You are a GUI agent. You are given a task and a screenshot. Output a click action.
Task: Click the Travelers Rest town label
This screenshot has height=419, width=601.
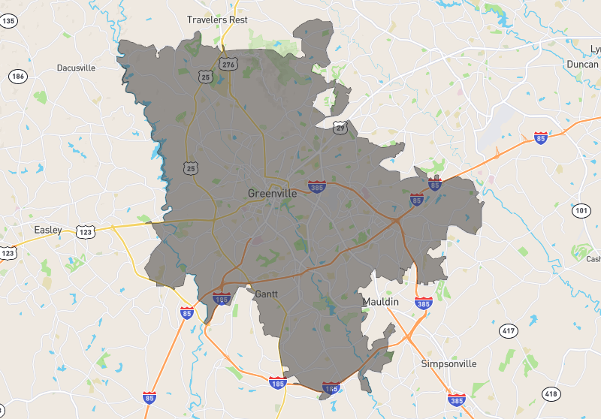point(217,20)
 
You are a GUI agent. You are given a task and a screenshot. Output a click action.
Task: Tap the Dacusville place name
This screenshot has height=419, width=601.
point(76,68)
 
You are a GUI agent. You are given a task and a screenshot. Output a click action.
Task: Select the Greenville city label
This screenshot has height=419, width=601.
point(272,193)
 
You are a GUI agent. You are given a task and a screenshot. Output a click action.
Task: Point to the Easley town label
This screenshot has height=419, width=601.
point(48,229)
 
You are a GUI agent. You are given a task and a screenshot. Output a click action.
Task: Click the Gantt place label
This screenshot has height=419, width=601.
point(267,294)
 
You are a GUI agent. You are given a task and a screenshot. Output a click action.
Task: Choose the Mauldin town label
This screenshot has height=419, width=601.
point(381,301)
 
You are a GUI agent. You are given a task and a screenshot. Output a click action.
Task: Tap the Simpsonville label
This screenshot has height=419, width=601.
point(448,363)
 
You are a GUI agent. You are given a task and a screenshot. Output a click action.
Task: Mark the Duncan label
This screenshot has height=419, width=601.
point(583,65)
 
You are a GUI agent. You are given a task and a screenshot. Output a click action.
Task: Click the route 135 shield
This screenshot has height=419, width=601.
point(8,22)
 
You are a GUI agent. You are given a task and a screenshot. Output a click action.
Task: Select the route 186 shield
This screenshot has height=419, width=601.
point(18,77)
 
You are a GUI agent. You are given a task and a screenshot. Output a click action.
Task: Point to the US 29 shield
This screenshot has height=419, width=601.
point(340,128)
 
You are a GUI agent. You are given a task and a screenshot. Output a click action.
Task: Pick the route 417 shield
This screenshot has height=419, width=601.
point(508,330)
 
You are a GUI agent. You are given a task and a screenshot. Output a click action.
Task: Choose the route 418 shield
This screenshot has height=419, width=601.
point(551,393)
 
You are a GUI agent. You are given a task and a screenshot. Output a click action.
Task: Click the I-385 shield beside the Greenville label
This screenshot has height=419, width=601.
point(316,185)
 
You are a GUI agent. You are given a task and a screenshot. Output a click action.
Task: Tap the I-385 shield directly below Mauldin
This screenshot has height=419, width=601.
point(423,304)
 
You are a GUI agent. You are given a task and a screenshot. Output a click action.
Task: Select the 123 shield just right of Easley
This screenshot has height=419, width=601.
point(86,232)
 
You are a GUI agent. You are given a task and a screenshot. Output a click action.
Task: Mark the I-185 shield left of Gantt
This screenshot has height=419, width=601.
point(222,299)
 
